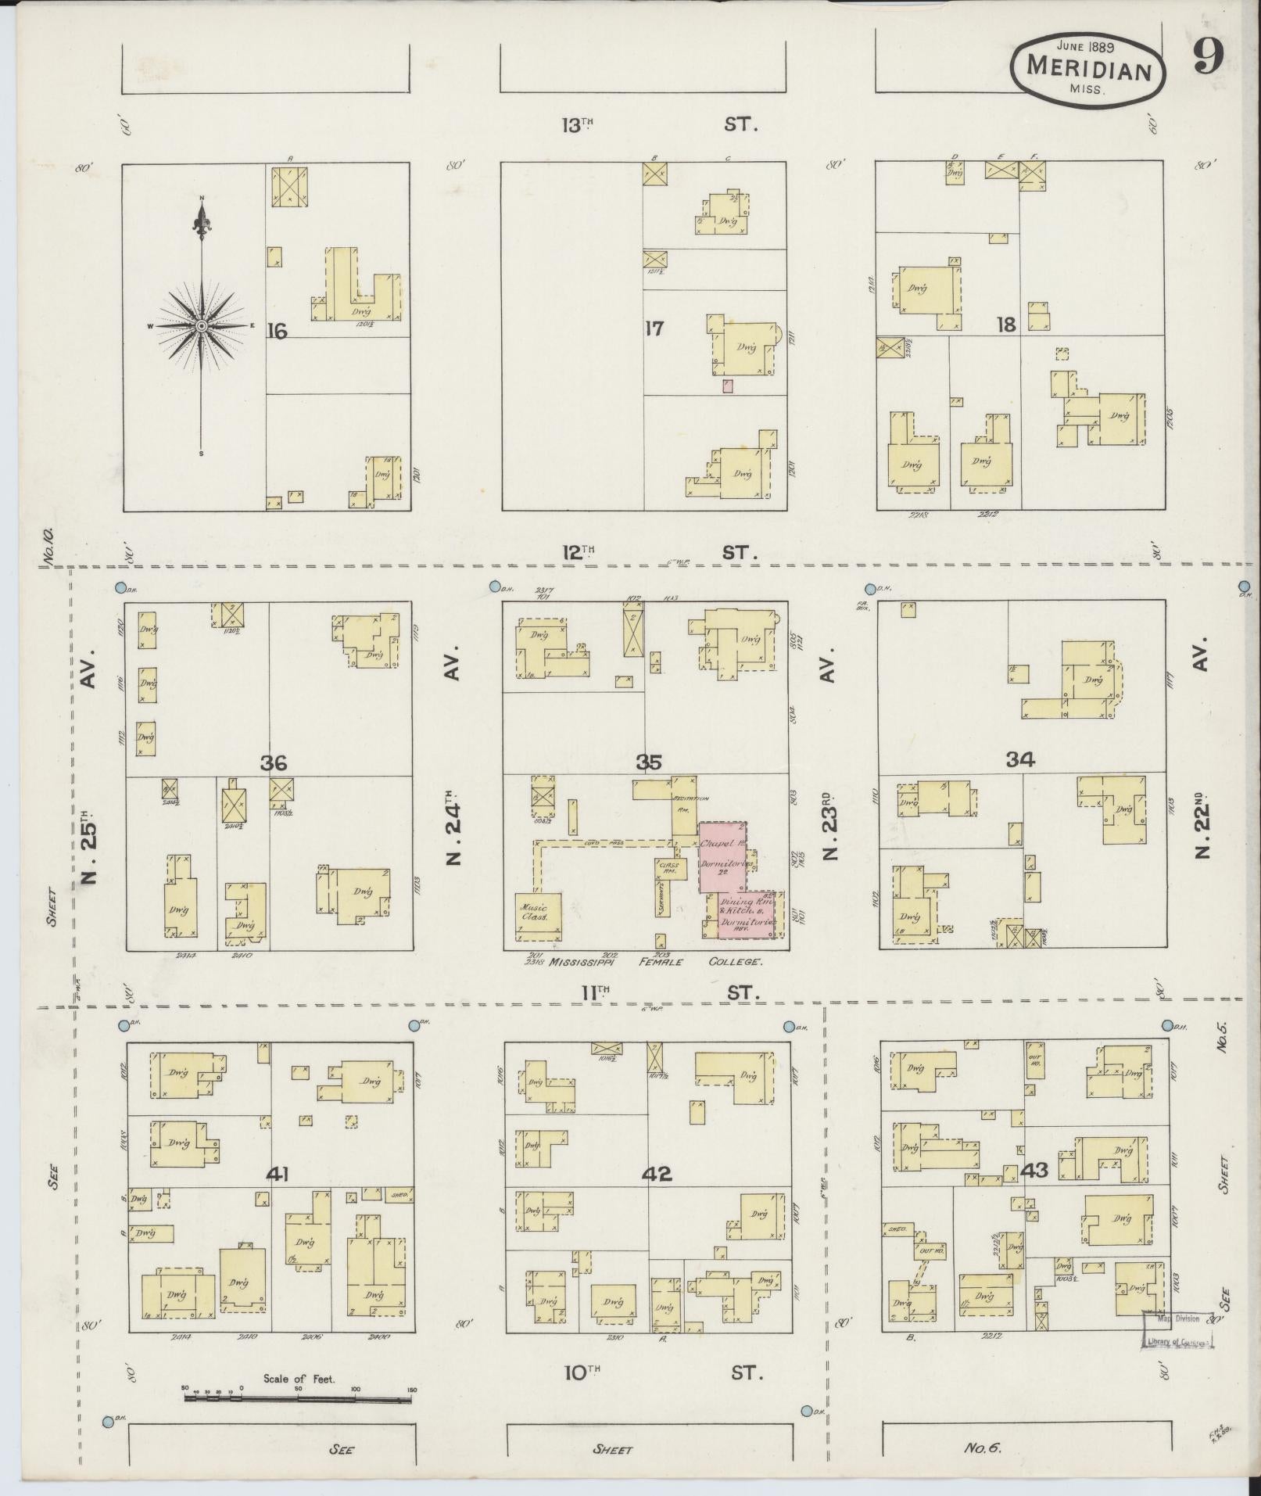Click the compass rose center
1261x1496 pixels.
coord(201,325)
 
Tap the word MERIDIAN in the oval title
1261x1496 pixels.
coord(1088,69)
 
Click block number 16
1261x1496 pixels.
coord(276,332)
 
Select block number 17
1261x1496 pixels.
coord(654,329)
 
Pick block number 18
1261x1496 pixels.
coord(1005,325)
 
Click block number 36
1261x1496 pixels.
coord(274,762)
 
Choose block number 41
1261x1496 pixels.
coord(278,1174)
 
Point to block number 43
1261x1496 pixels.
coord(1034,1171)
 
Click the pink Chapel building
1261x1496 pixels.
coord(722,856)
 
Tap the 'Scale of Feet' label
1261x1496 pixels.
coord(299,1379)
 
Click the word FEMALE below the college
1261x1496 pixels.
coord(661,962)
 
